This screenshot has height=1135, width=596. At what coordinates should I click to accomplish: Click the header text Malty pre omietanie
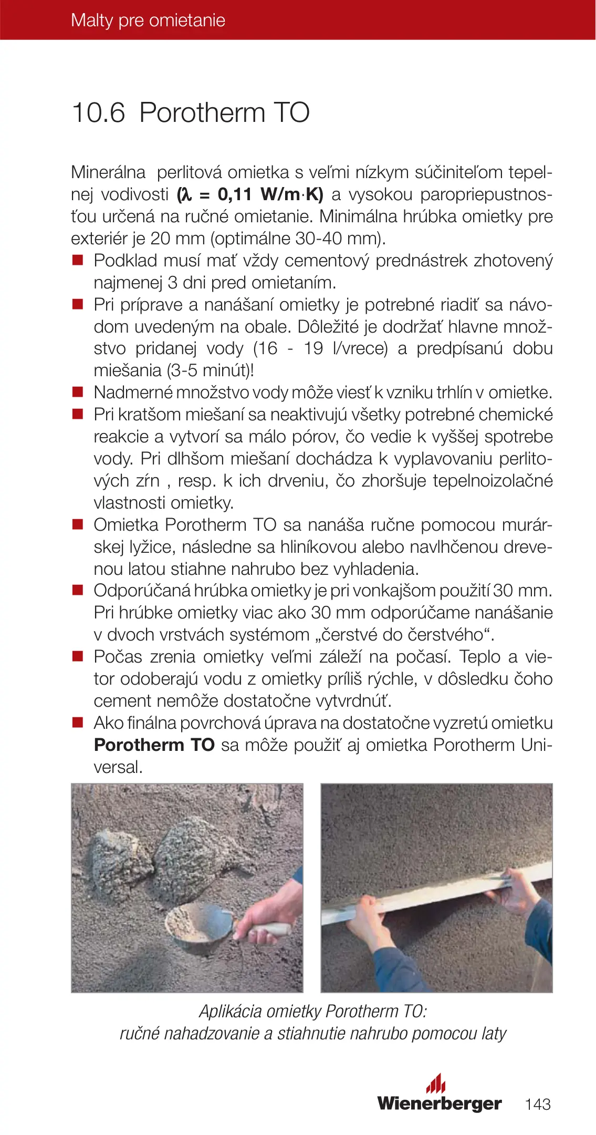[x=148, y=20]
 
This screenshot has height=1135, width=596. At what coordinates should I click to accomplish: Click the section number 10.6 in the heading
[x=98, y=113]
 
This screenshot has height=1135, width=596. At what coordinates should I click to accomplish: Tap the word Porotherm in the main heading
[x=202, y=113]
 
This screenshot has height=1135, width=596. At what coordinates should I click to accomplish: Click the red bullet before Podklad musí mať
[x=78, y=260]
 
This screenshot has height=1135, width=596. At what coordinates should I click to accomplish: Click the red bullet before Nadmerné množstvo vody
[x=78, y=392]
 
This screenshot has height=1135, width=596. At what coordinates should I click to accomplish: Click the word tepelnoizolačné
[x=493, y=481]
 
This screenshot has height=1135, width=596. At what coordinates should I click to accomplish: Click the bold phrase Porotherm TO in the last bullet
[x=154, y=745]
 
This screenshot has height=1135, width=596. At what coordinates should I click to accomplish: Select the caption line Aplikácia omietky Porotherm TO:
[x=312, y=1011]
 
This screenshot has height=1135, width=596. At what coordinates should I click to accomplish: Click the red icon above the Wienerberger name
[x=435, y=1084]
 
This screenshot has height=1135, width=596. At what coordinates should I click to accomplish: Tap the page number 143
[x=538, y=1103]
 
